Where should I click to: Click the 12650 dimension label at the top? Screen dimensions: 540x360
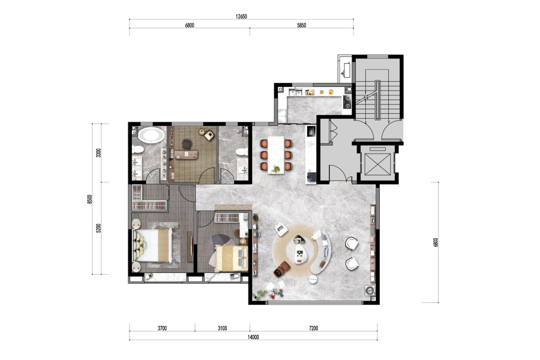pyautogui.click(x=241, y=16)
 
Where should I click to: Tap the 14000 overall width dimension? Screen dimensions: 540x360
pyautogui.click(x=253, y=337)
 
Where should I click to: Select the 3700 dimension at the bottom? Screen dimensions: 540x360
pyautogui.click(x=162, y=328)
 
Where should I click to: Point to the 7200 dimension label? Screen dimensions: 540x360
pyautogui.click(x=313, y=328)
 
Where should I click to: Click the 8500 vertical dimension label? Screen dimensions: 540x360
pyautogui.click(x=90, y=199)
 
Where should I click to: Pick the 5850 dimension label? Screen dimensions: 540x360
pyautogui.click(x=301, y=25)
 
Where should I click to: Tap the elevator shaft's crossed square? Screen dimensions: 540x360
pyautogui.click(x=378, y=164)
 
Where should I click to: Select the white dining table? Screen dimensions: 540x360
pyautogui.click(x=276, y=155)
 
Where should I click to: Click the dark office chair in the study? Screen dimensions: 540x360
pyautogui.click(x=187, y=143)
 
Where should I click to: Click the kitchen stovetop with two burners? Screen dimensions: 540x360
pyautogui.click(x=347, y=101)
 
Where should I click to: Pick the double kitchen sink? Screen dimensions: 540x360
pyautogui.click(x=295, y=92)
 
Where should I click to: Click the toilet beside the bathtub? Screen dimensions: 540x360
pyautogui.click(x=138, y=149)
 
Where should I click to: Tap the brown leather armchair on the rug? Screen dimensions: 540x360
pyautogui.click(x=282, y=269)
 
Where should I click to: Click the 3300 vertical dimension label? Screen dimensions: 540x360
pyautogui.click(x=99, y=152)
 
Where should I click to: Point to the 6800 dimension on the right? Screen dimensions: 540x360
pyautogui.click(x=436, y=242)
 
